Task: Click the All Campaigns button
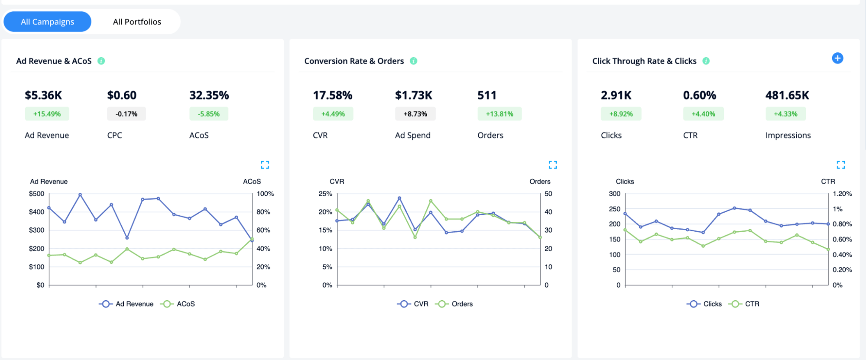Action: pyautogui.click(x=48, y=22)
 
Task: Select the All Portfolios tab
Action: pyautogui.click(x=137, y=22)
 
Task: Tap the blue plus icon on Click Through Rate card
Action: pyautogui.click(x=837, y=58)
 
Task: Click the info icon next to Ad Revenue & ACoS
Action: pyautogui.click(x=101, y=61)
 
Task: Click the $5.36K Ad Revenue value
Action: pyautogui.click(x=43, y=95)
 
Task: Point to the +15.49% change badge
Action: pyautogui.click(x=47, y=114)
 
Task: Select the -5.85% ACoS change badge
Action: pyautogui.click(x=209, y=114)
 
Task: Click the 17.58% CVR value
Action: pyautogui.click(x=332, y=95)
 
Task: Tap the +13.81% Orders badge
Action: pyautogui.click(x=499, y=114)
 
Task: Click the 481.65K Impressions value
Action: pyautogui.click(x=787, y=95)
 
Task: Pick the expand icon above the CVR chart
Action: pyautogui.click(x=553, y=165)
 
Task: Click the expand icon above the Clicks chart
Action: pyautogui.click(x=840, y=165)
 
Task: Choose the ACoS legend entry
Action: pyautogui.click(x=178, y=304)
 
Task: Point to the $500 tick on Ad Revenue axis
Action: pyautogui.click(x=37, y=194)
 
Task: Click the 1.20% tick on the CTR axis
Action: pyautogui.click(x=842, y=194)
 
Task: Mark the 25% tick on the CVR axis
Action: pyautogui.click(x=325, y=194)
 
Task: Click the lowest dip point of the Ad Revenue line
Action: pyautogui.click(x=127, y=238)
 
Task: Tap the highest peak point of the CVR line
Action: pyautogui.click(x=399, y=198)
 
